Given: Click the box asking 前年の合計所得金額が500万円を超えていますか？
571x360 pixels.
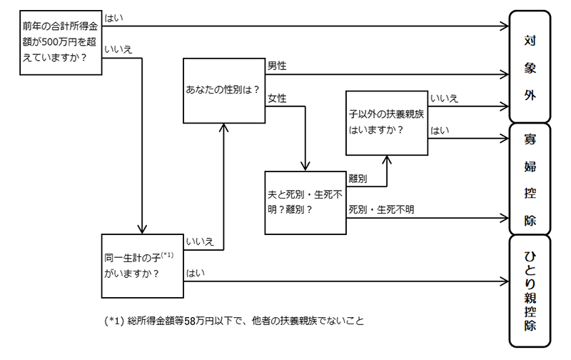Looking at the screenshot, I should [x=60, y=46].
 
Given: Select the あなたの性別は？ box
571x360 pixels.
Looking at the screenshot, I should [x=223, y=91].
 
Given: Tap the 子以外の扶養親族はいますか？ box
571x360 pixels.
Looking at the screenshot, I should [x=386, y=122].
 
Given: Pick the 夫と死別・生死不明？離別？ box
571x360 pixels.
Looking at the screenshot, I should [x=305, y=203].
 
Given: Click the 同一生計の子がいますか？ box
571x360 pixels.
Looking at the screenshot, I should [x=141, y=264].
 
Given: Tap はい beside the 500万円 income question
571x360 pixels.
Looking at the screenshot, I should [x=113, y=16].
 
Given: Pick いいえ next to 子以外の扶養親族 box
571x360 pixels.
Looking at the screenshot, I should [x=443, y=98].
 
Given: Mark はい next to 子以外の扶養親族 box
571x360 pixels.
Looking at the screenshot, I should [x=438, y=130].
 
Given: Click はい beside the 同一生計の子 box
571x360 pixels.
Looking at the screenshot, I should [x=194, y=273].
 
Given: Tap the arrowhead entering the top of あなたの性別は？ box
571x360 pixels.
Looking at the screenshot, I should [x=223, y=126].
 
